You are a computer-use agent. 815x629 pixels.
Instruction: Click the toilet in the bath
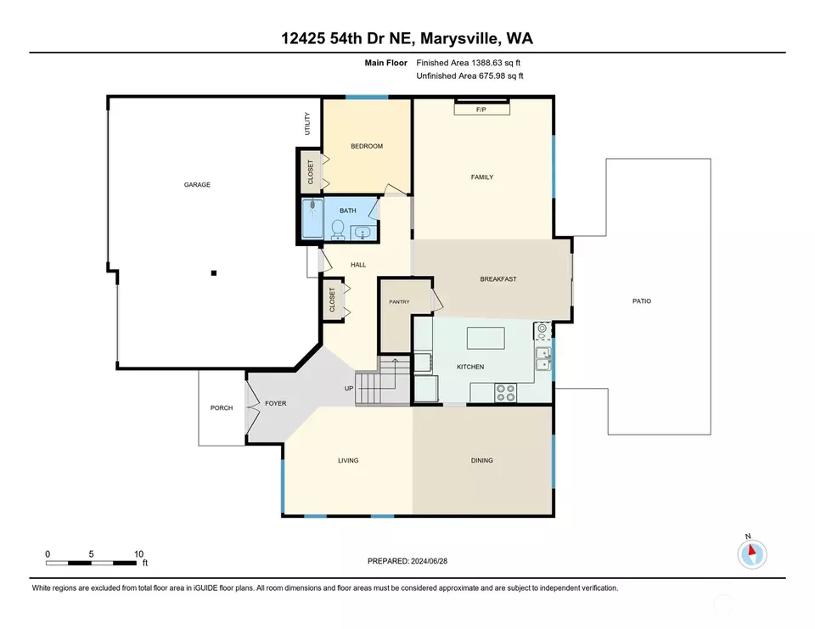338,230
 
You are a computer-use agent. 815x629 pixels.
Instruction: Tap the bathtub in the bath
312,218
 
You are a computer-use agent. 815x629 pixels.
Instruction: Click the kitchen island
486,338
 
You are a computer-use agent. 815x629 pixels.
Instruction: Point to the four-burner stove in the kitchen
505,392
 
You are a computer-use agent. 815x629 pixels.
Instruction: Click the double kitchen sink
543,359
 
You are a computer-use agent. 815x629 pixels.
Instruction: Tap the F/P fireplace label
481,110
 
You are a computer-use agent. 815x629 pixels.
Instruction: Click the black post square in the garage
214,273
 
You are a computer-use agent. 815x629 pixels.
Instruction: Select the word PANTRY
399,301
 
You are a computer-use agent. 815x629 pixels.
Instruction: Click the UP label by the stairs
349,388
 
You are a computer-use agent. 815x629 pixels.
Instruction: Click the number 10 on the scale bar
138,553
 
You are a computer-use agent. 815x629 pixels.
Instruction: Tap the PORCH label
222,407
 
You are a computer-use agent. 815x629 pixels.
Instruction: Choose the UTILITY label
307,124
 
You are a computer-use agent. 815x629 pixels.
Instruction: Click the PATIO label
642,301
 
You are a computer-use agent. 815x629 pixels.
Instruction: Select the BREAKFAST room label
498,279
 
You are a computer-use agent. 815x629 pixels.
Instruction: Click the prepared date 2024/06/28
429,561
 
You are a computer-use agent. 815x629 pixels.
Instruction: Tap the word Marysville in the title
460,38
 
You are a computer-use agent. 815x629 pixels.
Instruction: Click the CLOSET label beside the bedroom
311,172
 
